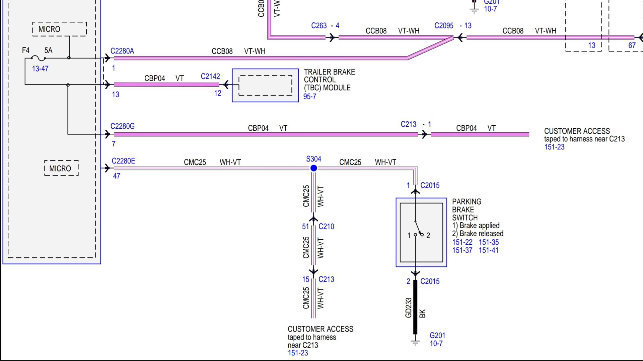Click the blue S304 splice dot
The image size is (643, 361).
click(313, 168)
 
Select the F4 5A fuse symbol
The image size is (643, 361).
click(39, 58)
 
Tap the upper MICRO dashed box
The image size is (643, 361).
click(60, 29)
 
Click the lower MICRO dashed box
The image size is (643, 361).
click(61, 168)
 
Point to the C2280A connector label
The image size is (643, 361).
click(122, 51)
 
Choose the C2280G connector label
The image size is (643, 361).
click(123, 126)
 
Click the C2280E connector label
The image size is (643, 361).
click(123, 161)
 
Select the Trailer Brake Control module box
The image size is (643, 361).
click(265, 85)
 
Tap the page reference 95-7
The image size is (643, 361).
click(309, 97)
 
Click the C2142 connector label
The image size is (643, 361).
click(210, 77)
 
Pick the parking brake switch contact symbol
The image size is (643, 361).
click(418, 231)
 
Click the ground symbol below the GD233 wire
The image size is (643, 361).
click(415, 342)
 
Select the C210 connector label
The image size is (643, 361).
click(326, 227)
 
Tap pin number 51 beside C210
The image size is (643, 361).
click(305, 227)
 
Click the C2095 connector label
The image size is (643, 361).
click(444, 26)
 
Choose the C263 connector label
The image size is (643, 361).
click(319, 26)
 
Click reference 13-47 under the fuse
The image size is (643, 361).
click(40, 69)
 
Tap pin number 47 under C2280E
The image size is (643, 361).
click(117, 176)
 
